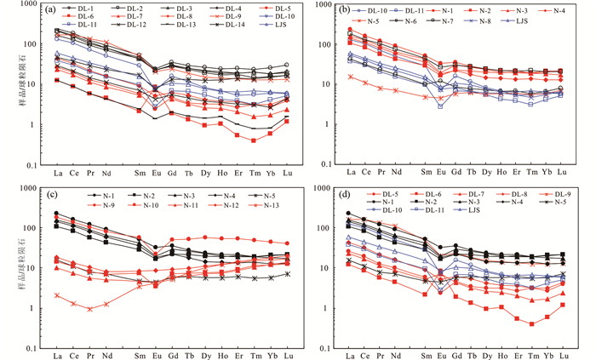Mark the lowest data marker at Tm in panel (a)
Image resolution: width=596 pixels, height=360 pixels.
click(x=254, y=140)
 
